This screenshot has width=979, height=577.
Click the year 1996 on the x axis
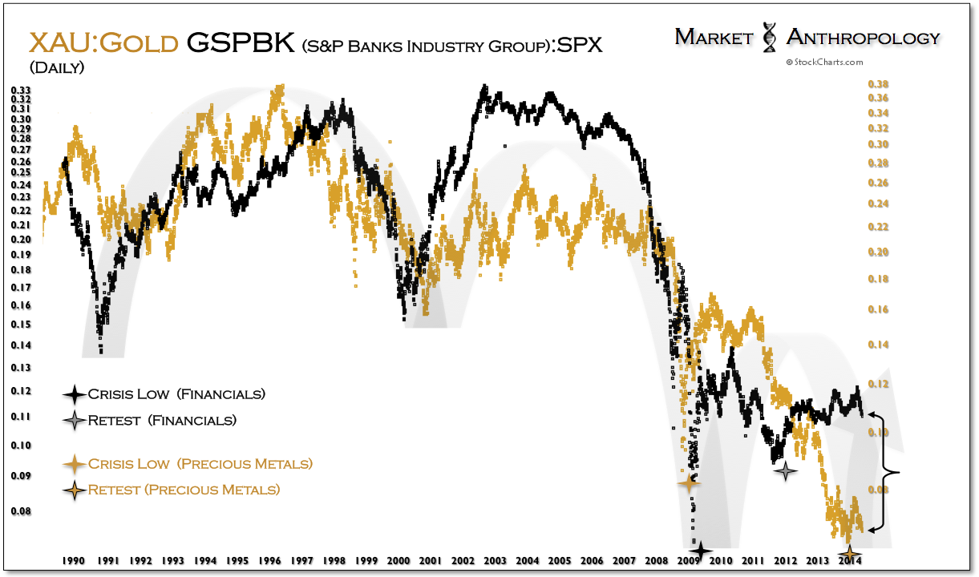pos(269,561)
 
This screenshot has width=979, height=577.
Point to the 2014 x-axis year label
pos(850,561)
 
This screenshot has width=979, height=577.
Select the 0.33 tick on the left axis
pos(21,90)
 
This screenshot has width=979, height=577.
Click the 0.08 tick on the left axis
pos(21,511)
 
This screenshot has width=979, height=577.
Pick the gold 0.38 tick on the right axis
pos(880,84)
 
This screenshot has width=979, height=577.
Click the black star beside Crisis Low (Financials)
pos(75,394)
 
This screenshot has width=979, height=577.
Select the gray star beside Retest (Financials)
pos(75,420)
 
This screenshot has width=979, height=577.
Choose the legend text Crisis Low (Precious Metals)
pos(200,464)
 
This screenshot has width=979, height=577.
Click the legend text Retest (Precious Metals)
pos(184,490)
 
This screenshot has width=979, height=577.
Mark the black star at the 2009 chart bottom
pos(701,551)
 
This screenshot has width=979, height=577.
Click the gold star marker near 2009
pos(689,482)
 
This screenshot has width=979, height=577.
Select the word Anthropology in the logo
pos(863,37)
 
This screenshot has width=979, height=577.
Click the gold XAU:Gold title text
pos(103,42)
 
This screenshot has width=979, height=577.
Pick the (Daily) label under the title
pos(56,68)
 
